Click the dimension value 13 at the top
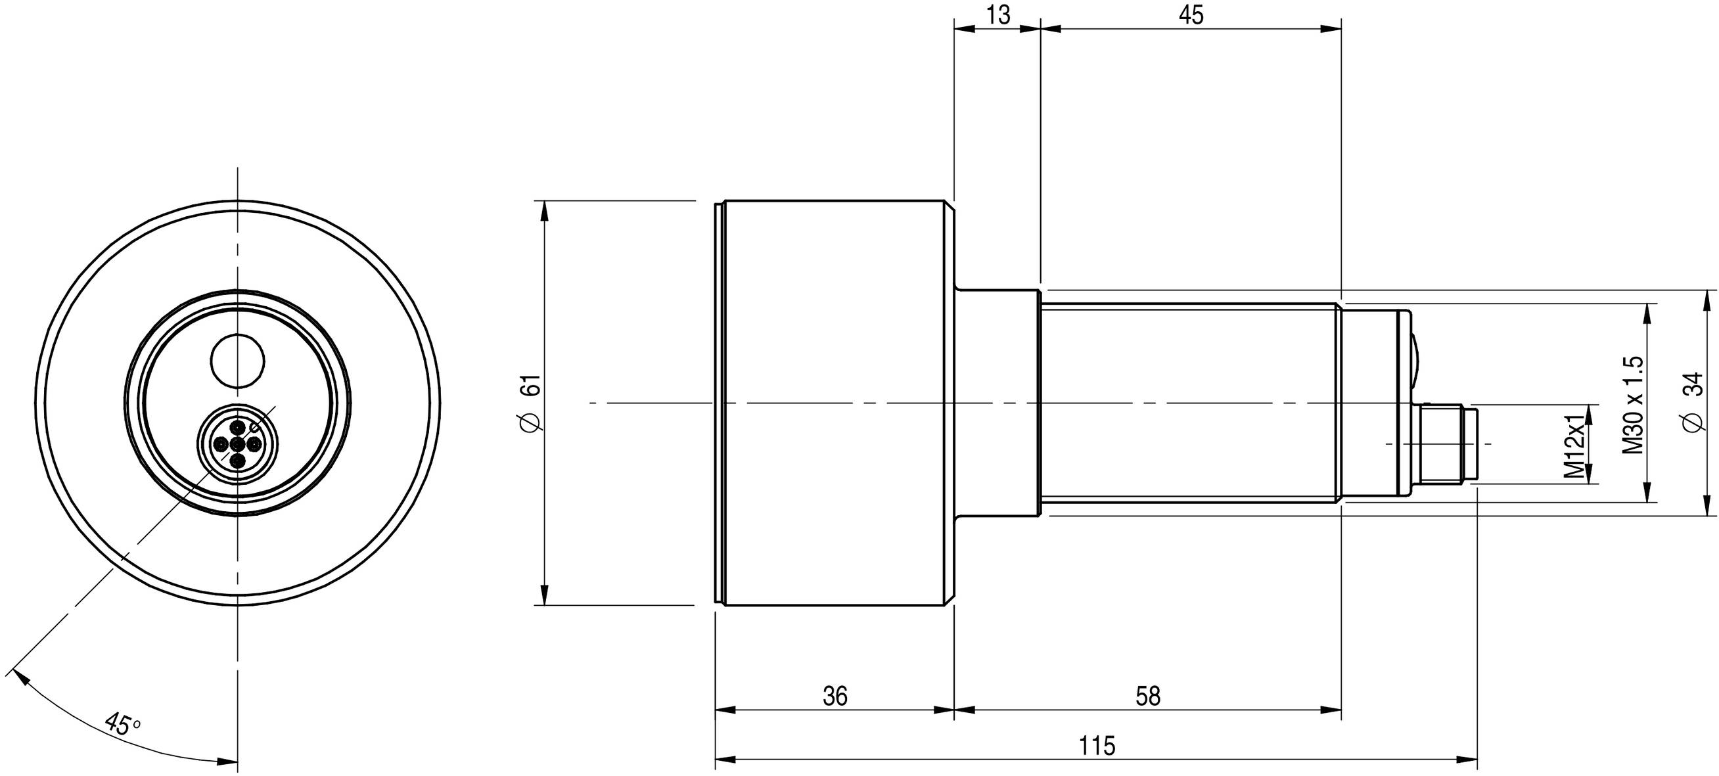coord(998,14)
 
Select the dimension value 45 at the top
coord(1191,14)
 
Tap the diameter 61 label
coord(532,403)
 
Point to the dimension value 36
coord(835,696)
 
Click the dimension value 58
coord(1148,696)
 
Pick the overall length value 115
coord(1097,746)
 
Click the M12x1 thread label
coord(1574,446)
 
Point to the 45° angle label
coord(123,724)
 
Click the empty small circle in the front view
coord(238,360)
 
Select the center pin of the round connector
coord(237,445)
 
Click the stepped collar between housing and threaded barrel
coord(997,403)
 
